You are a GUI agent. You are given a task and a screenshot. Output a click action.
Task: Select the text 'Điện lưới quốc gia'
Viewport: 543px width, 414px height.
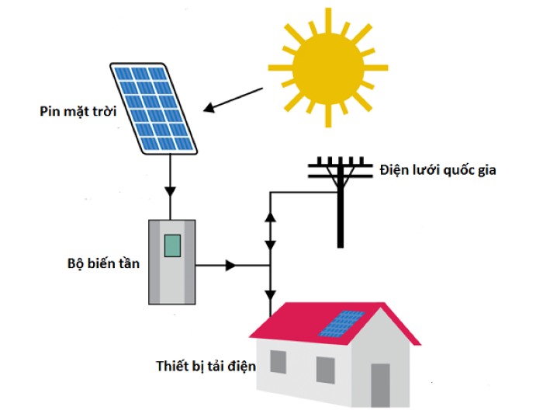click(436, 169)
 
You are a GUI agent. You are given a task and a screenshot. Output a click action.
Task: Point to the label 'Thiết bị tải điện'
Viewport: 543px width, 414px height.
click(206, 364)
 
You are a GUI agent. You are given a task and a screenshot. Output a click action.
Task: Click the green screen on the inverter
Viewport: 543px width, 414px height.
click(171, 245)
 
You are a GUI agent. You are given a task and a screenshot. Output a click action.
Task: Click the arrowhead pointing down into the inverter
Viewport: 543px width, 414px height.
click(171, 191)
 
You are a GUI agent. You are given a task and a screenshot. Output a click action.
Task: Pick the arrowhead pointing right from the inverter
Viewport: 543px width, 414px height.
click(230, 266)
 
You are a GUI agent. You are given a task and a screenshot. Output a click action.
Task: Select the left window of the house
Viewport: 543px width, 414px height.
click(278, 361)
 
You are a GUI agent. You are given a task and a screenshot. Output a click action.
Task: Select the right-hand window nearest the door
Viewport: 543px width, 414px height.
click(326, 370)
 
